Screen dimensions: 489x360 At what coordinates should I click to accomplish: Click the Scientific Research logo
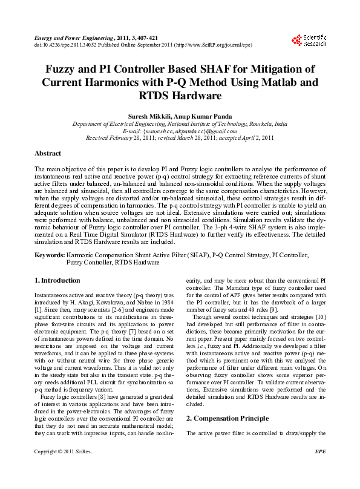tap(309, 41)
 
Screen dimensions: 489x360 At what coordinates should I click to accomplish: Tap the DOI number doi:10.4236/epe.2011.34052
tap(63, 45)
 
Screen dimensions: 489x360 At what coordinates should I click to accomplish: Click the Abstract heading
tap(48, 154)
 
